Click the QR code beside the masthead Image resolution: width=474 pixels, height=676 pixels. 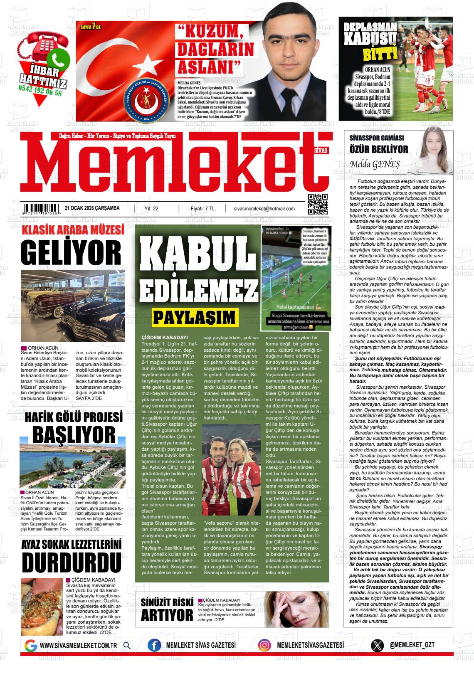pos(317,204)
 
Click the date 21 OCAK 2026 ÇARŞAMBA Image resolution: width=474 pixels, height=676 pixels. pos(92,208)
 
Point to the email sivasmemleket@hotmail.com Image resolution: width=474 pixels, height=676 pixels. pos(264,209)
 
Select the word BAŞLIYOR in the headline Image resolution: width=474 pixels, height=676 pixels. pos(74,434)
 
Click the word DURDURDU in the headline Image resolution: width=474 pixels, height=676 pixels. pos(71,562)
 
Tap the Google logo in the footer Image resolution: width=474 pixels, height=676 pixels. pos(30,645)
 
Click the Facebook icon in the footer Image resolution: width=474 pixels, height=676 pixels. pos(154,645)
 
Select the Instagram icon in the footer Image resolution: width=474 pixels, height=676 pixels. pos(264,645)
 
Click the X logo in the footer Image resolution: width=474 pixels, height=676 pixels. pos(377,645)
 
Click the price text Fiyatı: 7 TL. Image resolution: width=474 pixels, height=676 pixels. pos(202,209)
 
